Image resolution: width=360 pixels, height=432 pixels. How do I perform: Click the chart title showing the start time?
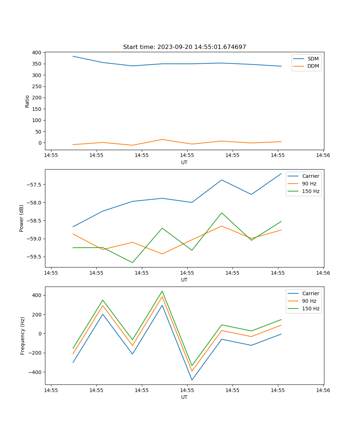(184, 47)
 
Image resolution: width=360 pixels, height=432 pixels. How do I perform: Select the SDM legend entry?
(313, 59)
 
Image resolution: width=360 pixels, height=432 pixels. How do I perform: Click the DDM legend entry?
(313, 66)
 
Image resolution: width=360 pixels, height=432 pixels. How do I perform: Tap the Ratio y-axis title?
(27, 101)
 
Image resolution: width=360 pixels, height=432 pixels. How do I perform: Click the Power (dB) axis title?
(22, 218)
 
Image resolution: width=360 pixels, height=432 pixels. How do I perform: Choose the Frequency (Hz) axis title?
(23, 336)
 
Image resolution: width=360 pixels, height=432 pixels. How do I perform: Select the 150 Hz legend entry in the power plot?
(311, 191)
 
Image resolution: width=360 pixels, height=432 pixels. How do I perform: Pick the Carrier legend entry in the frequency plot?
(311, 293)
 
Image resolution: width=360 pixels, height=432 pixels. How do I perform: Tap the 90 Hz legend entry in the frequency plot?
(309, 301)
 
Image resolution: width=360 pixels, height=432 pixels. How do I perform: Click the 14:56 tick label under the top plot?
(323, 156)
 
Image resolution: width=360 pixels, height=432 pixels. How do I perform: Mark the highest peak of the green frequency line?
(162, 291)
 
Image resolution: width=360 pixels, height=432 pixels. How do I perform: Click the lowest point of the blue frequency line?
(192, 380)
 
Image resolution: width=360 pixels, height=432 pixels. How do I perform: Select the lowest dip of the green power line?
(132, 262)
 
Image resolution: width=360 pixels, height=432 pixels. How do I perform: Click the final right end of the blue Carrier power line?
(281, 174)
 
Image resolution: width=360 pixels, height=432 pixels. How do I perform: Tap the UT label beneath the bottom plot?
(184, 397)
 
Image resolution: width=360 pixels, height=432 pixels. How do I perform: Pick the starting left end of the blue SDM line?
(73, 56)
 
